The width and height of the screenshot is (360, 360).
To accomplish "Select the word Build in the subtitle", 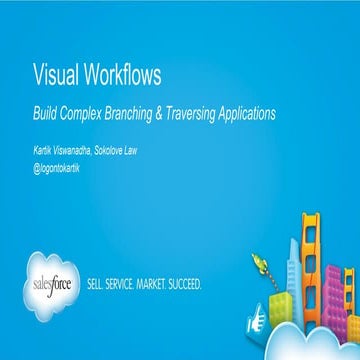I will click(x=44, y=113).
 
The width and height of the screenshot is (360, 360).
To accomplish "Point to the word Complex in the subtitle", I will click(x=87, y=114).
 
